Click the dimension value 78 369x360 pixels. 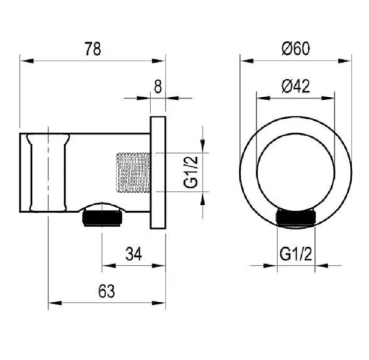tap(93, 49)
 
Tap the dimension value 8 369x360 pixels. tap(158, 86)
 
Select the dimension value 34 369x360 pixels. tap(134, 254)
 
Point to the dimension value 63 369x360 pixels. tap(106, 291)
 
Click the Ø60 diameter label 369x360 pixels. tap(296, 49)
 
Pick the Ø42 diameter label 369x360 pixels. tap(296, 86)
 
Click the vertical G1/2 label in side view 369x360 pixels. tap(191, 172)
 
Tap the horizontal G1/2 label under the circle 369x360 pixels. tap(296, 254)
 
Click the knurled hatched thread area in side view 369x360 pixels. tap(133, 172)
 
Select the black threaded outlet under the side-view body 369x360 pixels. tap(102, 218)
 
